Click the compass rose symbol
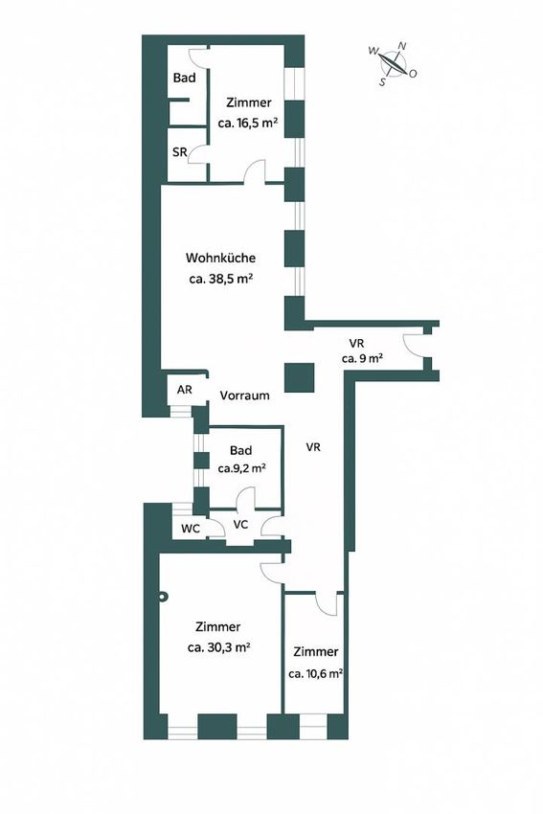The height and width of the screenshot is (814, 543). pyautogui.click(x=392, y=63)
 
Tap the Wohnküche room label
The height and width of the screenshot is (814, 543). pyautogui.click(x=220, y=258)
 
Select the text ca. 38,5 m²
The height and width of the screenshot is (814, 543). pyautogui.click(x=220, y=279)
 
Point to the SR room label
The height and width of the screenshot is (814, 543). pyautogui.click(x=180, y=152)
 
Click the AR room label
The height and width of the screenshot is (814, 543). pyautogui.click(x=184, y=390)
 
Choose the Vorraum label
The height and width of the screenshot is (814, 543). pyautogui.click(x=244, y=396)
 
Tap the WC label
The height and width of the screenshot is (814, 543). pyautogui.click(x=191, y=529)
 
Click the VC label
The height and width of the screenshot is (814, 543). pyautogui.click(x=240, y=525)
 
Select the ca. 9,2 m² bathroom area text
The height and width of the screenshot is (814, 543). pyautogui.click(x=242, y=468)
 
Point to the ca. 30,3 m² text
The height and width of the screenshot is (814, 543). pyautogui.click(x=219, y=647)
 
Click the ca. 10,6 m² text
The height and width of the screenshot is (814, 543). pyautogui.click(x=315, y=674)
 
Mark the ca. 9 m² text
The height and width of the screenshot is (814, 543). pyautogui.click(x=362, y=358)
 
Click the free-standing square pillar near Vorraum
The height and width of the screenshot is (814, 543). pyautogui.click(x=299, y=377)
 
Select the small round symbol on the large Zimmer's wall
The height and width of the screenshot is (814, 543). pyautogui.click(x=164, y=597)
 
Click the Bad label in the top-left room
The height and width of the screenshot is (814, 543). pyautogui.click(x=184, y=78)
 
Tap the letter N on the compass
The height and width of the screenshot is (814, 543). pyautogui.click(x=401, y=46)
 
